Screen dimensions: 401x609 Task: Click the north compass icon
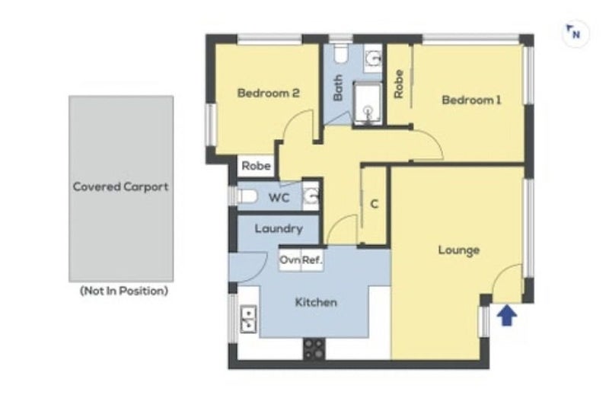pyautogui.click(x=574, y=33)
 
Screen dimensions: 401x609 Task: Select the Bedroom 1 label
pyautogui.click(x=471, y=100)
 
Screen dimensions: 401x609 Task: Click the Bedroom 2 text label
pyautogui.click(x=267, y=94)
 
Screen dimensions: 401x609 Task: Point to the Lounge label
pyautogui.click(x=458, y=250)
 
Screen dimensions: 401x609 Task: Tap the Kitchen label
pyautogui.click(x=316, y=302)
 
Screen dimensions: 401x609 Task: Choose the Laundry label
pyautogui.click(x=279, y=228)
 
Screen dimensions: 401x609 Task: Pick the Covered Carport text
pyautogui.click(x=120, y=186)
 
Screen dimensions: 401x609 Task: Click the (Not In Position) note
pyautogui.click(x=123, y=291)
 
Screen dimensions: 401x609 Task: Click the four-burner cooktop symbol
pyautogui.click(x=314, y=348)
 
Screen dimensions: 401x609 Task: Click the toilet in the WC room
pyautogui.click(x=246, y=197)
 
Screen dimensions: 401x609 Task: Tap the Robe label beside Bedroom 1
pyautogui.click(x=399, y=84)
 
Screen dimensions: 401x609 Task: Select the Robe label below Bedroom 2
pyautogui.click(x=257, y=165)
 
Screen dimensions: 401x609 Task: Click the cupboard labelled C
pyautogui.click(x=375, y=205)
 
